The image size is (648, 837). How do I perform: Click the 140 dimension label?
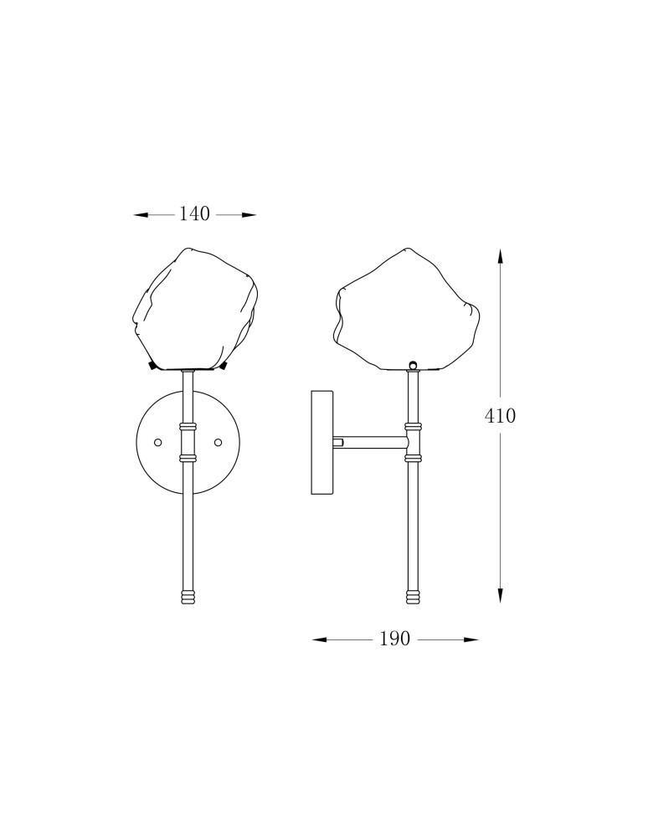click(x=194, y=214)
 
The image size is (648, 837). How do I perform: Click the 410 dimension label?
click(x=500, y=416)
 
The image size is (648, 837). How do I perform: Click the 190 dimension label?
click(x=395, y=639)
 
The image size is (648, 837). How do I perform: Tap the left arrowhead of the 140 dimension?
click(x=140, y=215)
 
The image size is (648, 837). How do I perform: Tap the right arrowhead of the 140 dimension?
click(x=249, y=215)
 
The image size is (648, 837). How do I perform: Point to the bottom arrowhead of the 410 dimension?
click(x=500, y=596)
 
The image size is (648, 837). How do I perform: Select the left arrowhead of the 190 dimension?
click(x=319, y=639)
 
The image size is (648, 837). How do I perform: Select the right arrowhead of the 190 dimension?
click(x=471, y=639)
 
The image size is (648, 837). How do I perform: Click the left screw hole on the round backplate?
click(x=158, y=442)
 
